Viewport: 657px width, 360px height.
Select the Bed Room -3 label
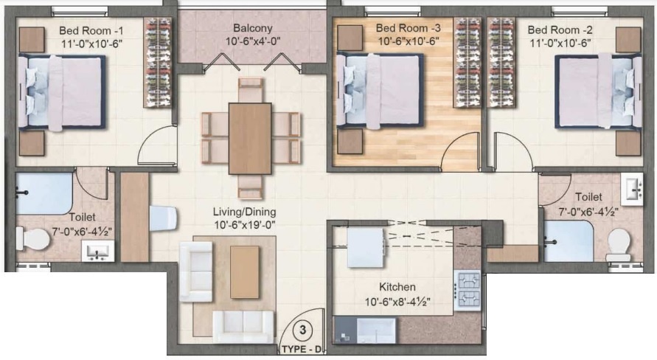[407, 28]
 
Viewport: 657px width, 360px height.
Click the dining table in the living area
[251, 138]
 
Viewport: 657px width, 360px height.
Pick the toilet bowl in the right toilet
[619, 243]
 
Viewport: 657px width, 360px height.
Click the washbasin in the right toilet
[633, 190]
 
